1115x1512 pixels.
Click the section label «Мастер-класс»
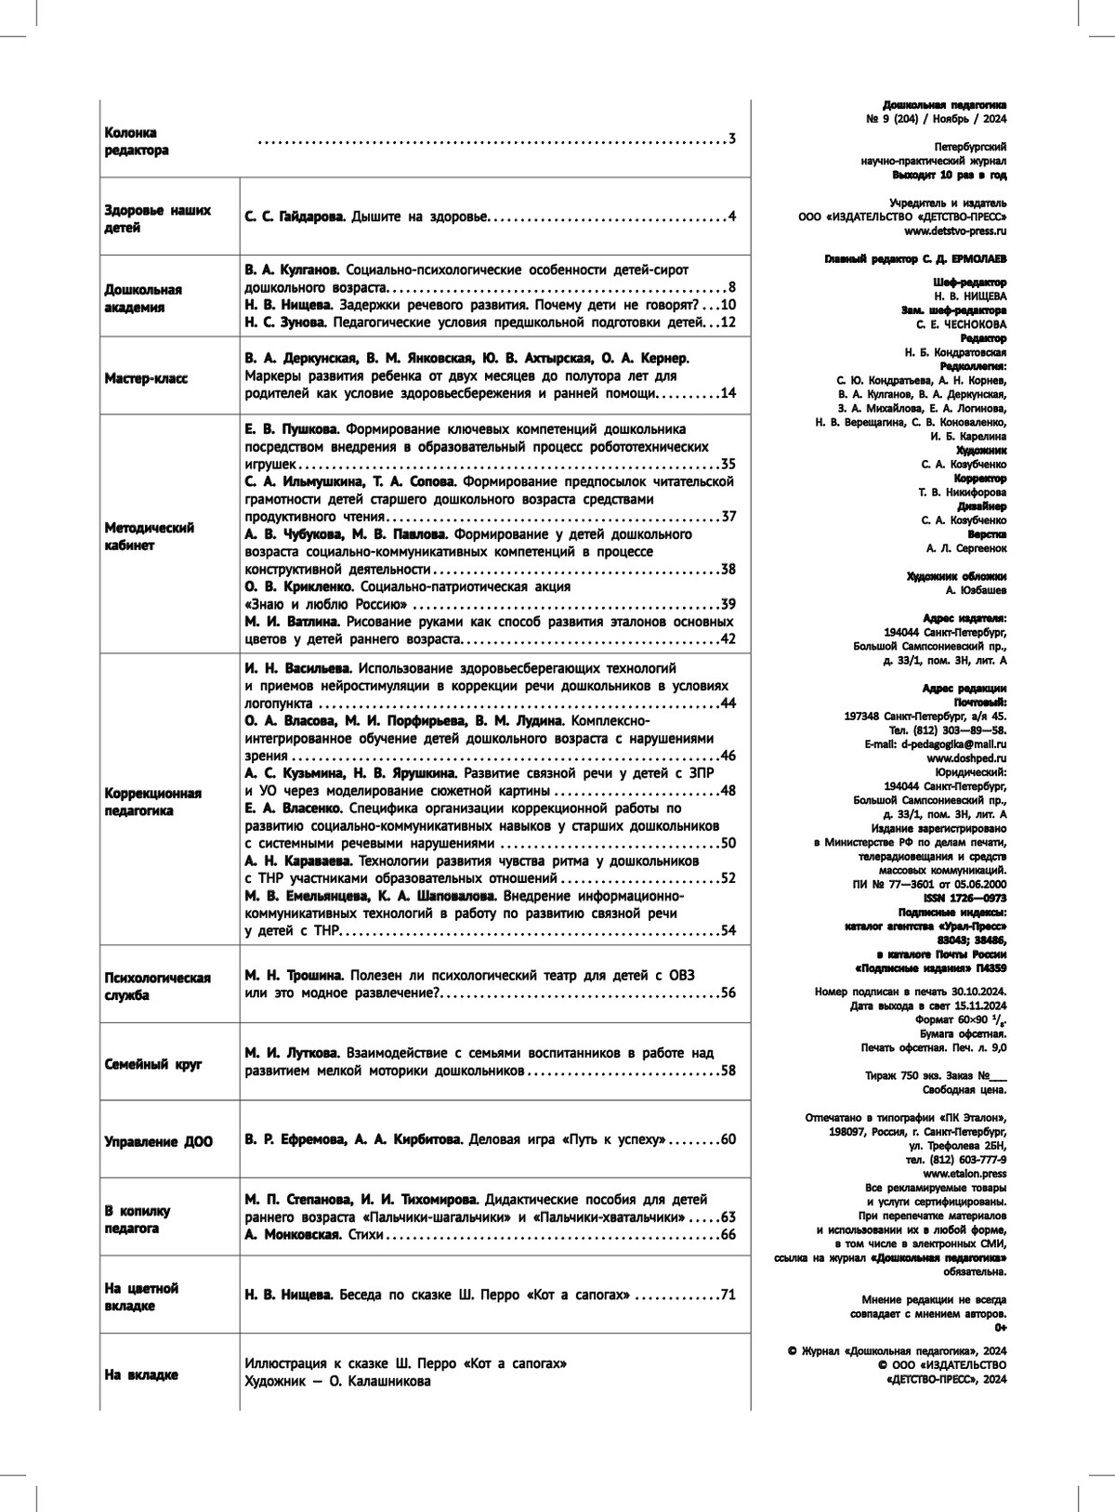(146, 378)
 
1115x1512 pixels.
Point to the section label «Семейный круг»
(153, 1065)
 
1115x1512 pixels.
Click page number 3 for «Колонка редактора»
(732, 139)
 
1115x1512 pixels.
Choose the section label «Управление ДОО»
(159, 1141)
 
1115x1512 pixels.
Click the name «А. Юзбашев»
(976, 590)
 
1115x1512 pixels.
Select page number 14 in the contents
(728, 393)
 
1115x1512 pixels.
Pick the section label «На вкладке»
(141, 1374)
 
